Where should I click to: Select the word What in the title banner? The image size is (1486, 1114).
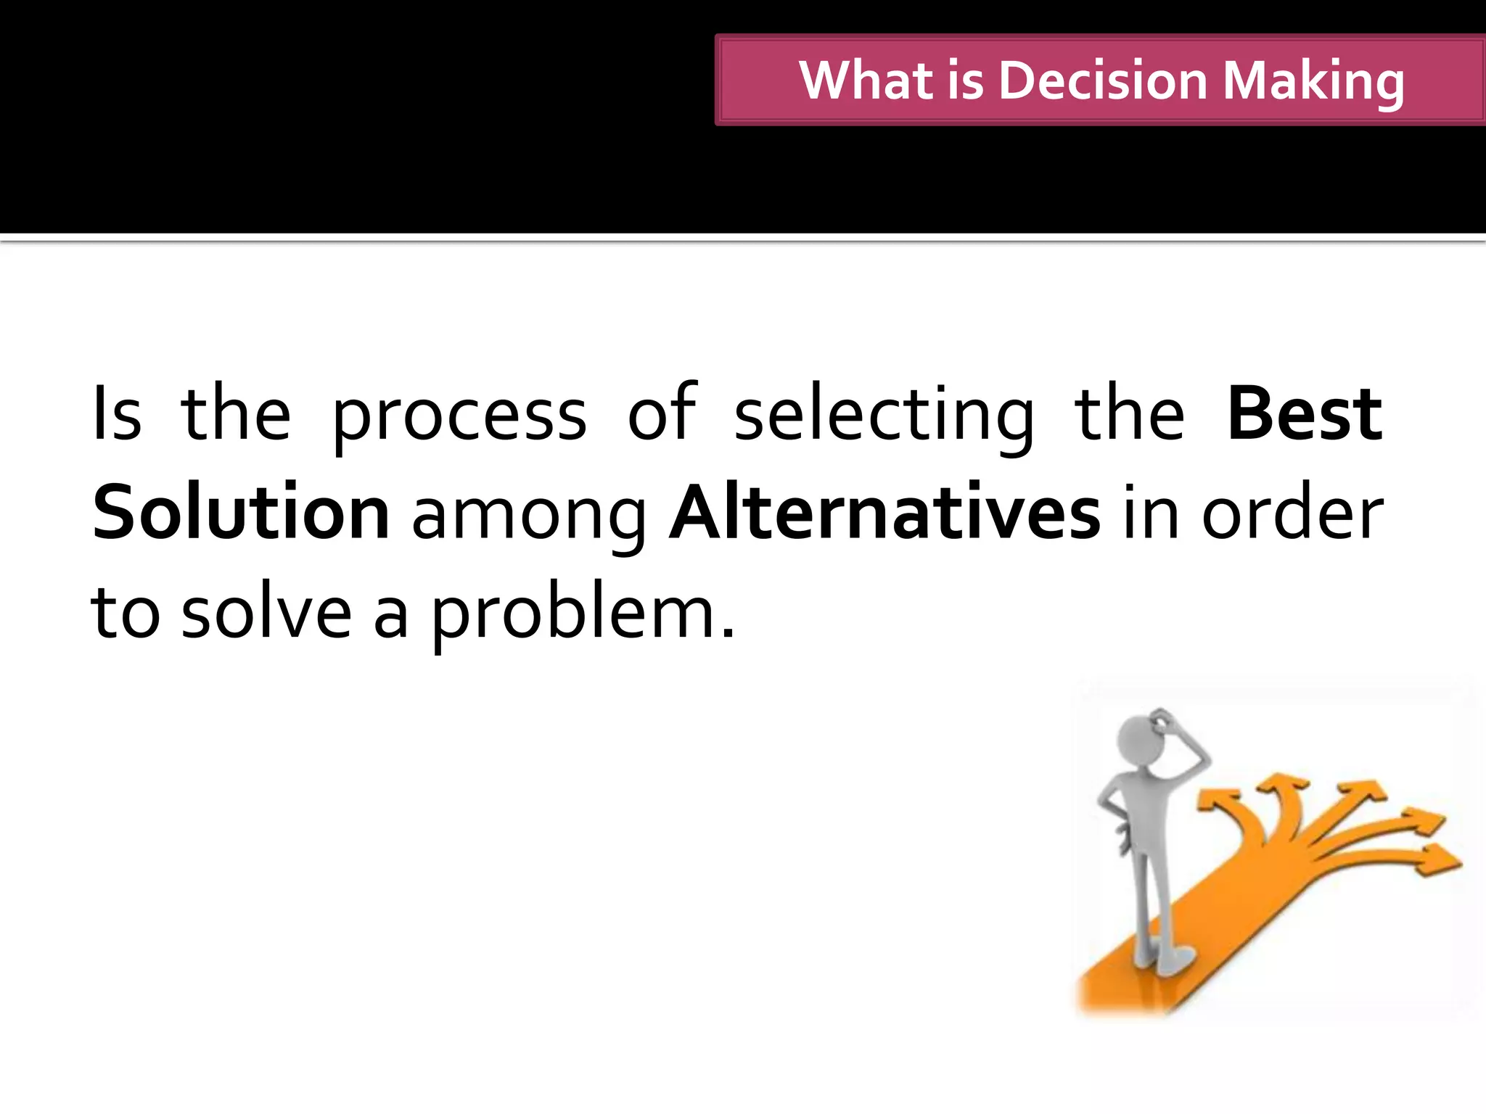pyautogui.click(x=866, y=80)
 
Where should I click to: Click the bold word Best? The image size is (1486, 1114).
pyautogui.click(x=1305, y=415)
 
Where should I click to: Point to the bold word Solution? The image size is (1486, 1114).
pyautogui.click(x=241, y=513)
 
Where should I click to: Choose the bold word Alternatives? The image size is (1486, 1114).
pyautogui.click(x=884, y=513)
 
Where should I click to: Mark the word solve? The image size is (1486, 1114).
pyautogui.click(x=266, y=614)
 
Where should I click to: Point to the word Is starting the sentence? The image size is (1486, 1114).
pyautogui.click(x=116, y=415)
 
